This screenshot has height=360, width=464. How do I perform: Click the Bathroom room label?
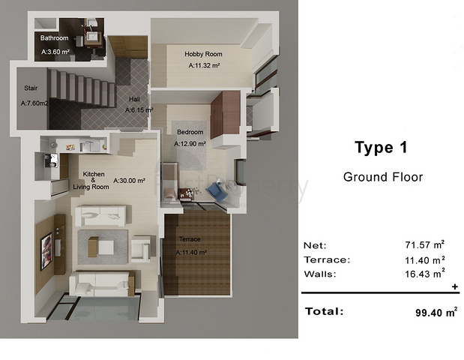click(x=54, y=38)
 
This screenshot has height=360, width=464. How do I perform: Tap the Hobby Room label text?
click(x=203, y=54)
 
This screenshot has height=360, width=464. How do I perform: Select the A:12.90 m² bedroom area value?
click(x=190, y=144)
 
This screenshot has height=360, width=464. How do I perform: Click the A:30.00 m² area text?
click(x=129, y=180)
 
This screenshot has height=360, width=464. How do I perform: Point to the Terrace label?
click(x=190, y=239)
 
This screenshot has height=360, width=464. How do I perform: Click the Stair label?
click(x=31, y=88)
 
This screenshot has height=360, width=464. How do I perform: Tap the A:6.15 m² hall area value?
click(x=139, y=110)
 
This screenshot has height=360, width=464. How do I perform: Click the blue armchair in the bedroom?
click(x=217, y=192)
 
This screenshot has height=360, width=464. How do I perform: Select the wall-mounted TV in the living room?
click(x=46, y=251)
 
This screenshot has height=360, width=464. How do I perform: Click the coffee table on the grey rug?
click(x=100, y=247)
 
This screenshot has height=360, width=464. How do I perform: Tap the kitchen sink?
click(x=50, y=160)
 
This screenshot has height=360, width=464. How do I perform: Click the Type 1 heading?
click(x=381, y=148)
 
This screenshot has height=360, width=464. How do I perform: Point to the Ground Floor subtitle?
click(x=383, y=177)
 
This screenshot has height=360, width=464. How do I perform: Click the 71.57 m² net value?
click(x=424, y=244)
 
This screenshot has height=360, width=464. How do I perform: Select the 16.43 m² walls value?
click(x=424, y=274)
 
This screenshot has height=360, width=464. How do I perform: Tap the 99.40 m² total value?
click(x=436, y=312)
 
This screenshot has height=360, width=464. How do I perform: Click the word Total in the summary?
click(x=324, y=311)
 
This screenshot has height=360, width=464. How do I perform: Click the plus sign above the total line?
click(x=455, y=286)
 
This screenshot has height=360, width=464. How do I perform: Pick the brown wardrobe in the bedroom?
click(x=225, y=115)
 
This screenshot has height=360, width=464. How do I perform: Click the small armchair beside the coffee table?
click(x=142, y=248)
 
